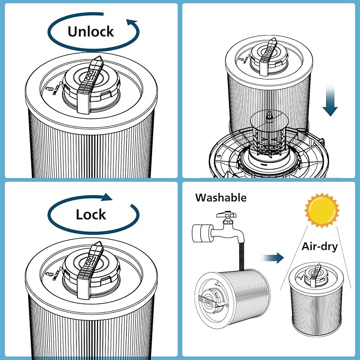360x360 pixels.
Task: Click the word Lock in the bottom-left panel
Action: (91, 214)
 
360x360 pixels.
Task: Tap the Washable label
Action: (221, 198)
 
